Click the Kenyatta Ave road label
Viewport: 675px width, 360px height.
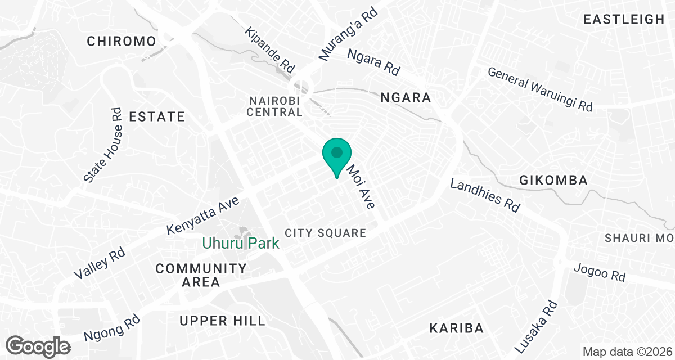(x=204, y=215)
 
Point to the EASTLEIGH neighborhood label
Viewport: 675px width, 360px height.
(x=624, y=20)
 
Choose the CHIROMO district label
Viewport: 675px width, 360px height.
(x=121, y=41)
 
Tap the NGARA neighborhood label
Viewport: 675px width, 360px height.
(x=406, y=98)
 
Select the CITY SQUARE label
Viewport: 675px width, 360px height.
(x=326, y=233)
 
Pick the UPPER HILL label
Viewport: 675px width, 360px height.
(x=222, y=321)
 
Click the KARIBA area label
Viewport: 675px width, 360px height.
(x=456, y=328)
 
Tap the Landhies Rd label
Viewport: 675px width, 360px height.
(x=485, y=196)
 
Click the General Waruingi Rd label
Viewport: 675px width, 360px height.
(x=540, y=89)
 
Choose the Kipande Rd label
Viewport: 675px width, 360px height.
(x=269, y=49)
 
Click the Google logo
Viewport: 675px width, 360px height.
(x=38, y=345)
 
